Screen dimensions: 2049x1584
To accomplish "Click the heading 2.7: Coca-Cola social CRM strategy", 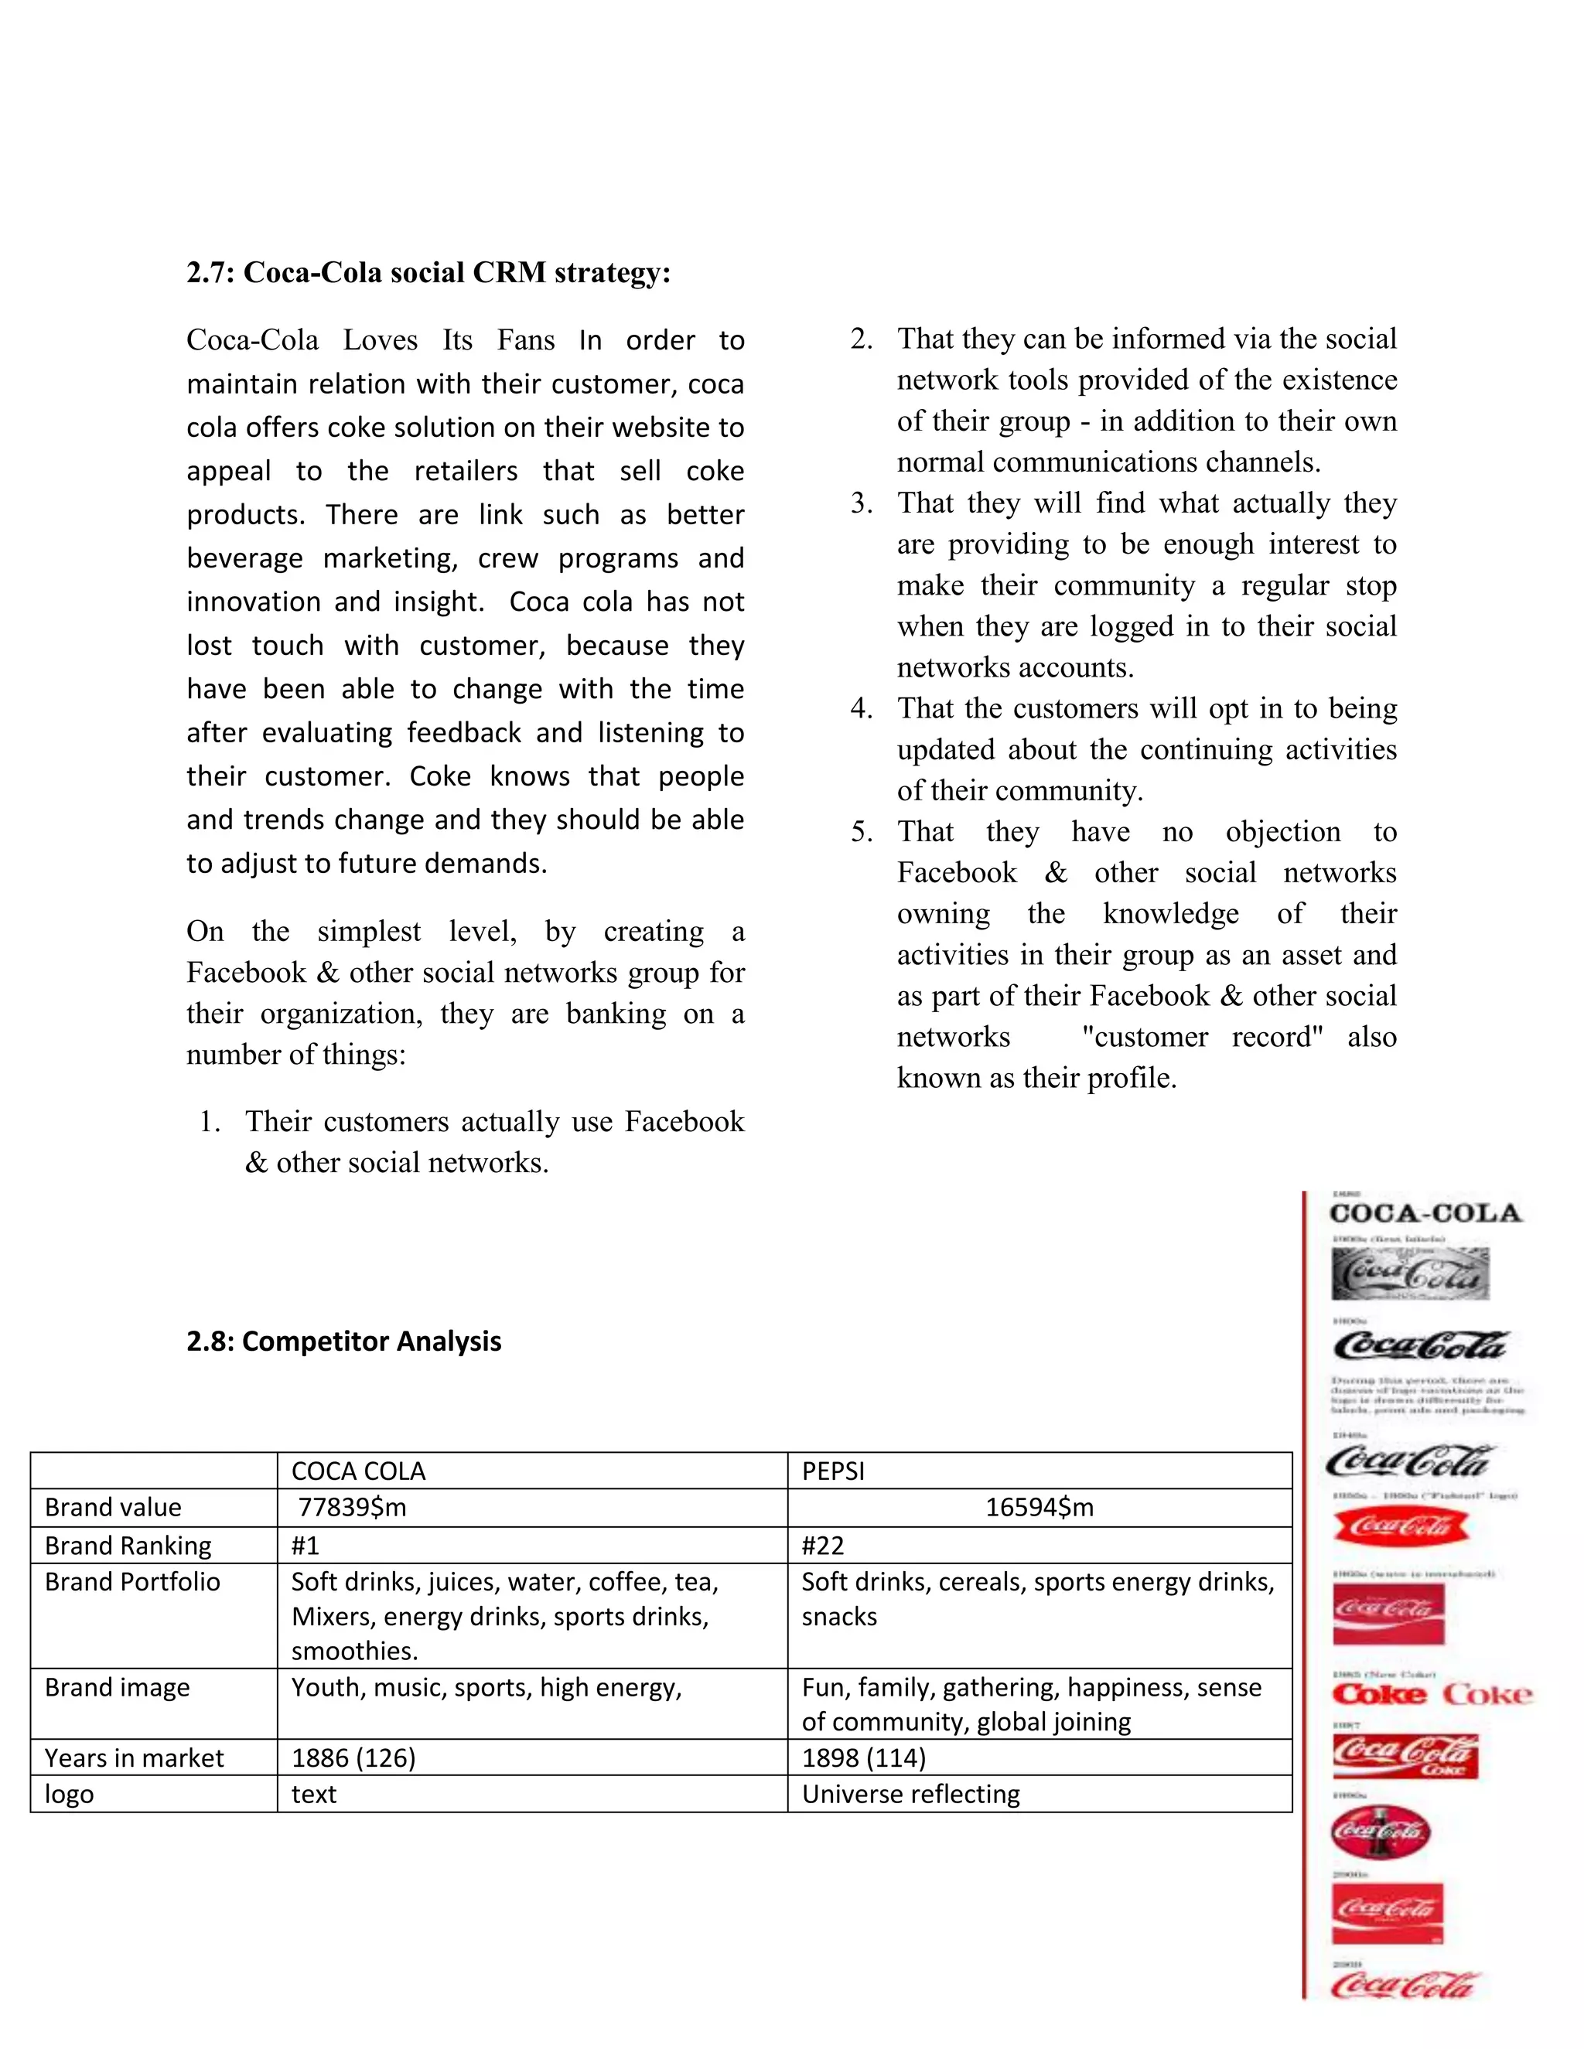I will [428, 273].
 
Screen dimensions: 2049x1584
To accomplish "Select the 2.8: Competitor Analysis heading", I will [343, 1342].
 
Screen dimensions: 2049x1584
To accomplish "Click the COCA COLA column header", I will [357, 1471].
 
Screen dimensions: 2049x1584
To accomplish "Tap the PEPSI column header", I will [832, 1471].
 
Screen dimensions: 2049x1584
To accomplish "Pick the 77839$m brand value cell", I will [352, 1508].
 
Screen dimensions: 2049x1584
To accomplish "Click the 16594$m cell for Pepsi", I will [1039, 1508].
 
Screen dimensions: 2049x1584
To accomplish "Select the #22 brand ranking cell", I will [822, 1545].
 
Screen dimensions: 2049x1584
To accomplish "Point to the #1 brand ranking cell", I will [305, 1545].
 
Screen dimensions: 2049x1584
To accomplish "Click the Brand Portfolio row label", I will [132, 1582].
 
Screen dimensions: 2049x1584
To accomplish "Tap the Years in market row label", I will [134, 1758].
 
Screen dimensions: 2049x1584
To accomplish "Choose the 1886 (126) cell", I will [353, 1758].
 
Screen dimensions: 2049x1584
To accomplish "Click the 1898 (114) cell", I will [863, 1758].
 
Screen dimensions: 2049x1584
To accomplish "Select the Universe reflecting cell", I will [910, 1794].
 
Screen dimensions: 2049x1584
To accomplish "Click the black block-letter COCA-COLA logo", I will [1425, 1213].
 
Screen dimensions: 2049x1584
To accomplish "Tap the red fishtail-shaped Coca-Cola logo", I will [1400, 1526].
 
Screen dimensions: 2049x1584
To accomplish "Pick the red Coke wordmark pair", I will [1431, 1694].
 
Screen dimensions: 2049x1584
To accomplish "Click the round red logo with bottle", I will [1380, 1830].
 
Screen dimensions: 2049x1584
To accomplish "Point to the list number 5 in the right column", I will [861, 832].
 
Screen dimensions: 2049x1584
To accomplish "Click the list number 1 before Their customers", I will [210, 1122].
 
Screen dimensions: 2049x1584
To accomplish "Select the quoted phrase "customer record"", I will [1202, 1038].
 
